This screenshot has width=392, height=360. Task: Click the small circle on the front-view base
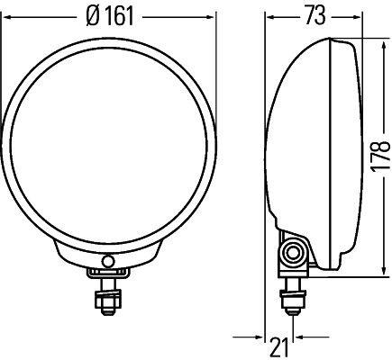[x=108, y=262]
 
